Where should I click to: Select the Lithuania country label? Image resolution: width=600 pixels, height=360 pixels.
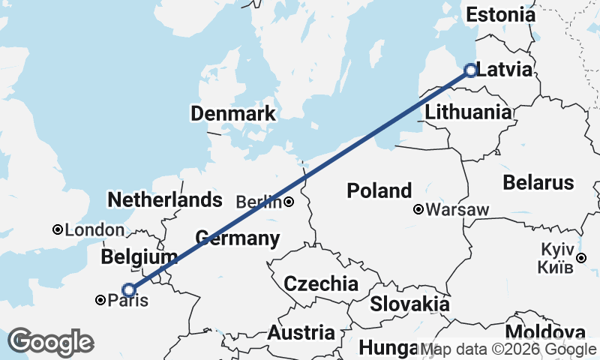point(469,112)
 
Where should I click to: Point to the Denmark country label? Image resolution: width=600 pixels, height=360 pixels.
point(233,114)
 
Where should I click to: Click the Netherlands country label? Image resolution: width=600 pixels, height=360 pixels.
point(165,199)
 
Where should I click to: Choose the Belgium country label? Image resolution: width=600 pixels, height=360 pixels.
point(139,257)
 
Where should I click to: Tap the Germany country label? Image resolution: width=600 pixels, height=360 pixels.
point(238,239)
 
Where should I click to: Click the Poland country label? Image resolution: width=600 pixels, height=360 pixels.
point(379,190)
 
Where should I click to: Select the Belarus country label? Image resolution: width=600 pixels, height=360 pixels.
point(538,182)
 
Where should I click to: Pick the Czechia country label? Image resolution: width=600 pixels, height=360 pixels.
point(321,284)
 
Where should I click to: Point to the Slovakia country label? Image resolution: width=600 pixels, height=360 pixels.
point(409,304)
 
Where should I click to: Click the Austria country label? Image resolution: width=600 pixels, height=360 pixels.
point(301,332)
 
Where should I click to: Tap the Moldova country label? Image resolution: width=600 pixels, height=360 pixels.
point(545,332)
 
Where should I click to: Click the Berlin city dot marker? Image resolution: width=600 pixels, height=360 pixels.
point(289,202)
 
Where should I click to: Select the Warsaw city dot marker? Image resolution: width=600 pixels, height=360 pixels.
point(418,210)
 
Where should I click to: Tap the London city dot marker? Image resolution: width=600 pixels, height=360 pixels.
point(57,229)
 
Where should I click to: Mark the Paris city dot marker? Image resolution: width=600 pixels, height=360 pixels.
point(100,301)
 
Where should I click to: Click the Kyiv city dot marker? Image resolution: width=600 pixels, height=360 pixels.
point(582,259)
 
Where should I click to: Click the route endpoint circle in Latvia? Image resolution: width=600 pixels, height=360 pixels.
point(470,70)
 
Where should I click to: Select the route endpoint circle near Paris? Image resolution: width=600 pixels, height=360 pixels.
point(129,289)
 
